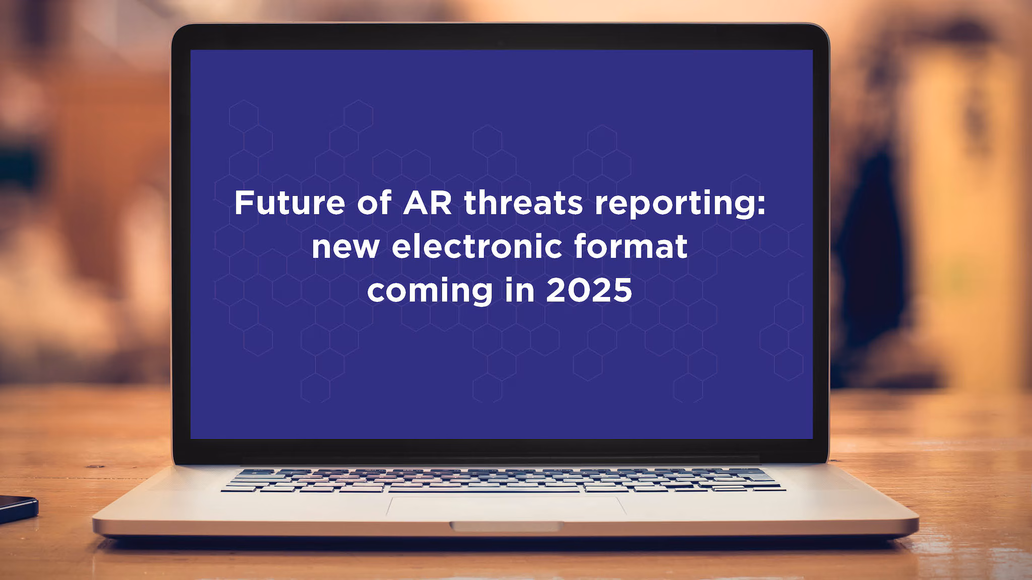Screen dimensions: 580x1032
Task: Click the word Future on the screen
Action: click(x=289, y=203)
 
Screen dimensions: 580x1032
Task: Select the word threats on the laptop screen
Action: click(x=523, y=203)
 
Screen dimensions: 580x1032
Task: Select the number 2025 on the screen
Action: click(x=589, y=291)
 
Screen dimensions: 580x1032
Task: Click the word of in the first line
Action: click(x=374, y=203)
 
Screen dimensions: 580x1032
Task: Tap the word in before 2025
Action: click(x=519, y=291)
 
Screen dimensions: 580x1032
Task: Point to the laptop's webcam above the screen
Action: click(x=501, y=43)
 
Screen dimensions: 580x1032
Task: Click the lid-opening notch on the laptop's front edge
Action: click(x=506, y=526)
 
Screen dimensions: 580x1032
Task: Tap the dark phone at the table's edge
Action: click(x=17, y=507)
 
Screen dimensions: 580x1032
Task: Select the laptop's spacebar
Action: click(x=484, y=489)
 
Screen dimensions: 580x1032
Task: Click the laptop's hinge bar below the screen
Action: click(x=501, y=460)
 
